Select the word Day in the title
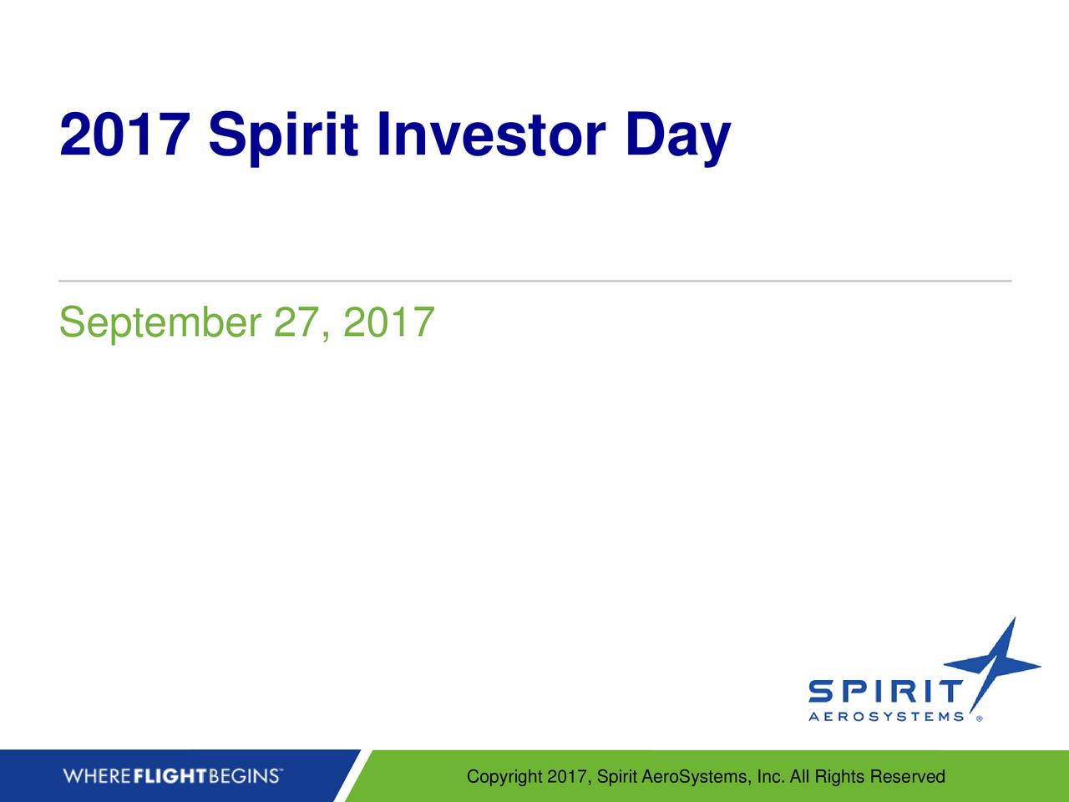click(677, 138)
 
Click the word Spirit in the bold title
click(284, 138)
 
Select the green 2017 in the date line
click(388, 322)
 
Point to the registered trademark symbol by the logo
click(979, 717)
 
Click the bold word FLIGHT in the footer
click(170, 777)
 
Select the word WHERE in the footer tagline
click(97, 777)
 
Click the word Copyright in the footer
click(504, 778)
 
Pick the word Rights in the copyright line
click(840, 778)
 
